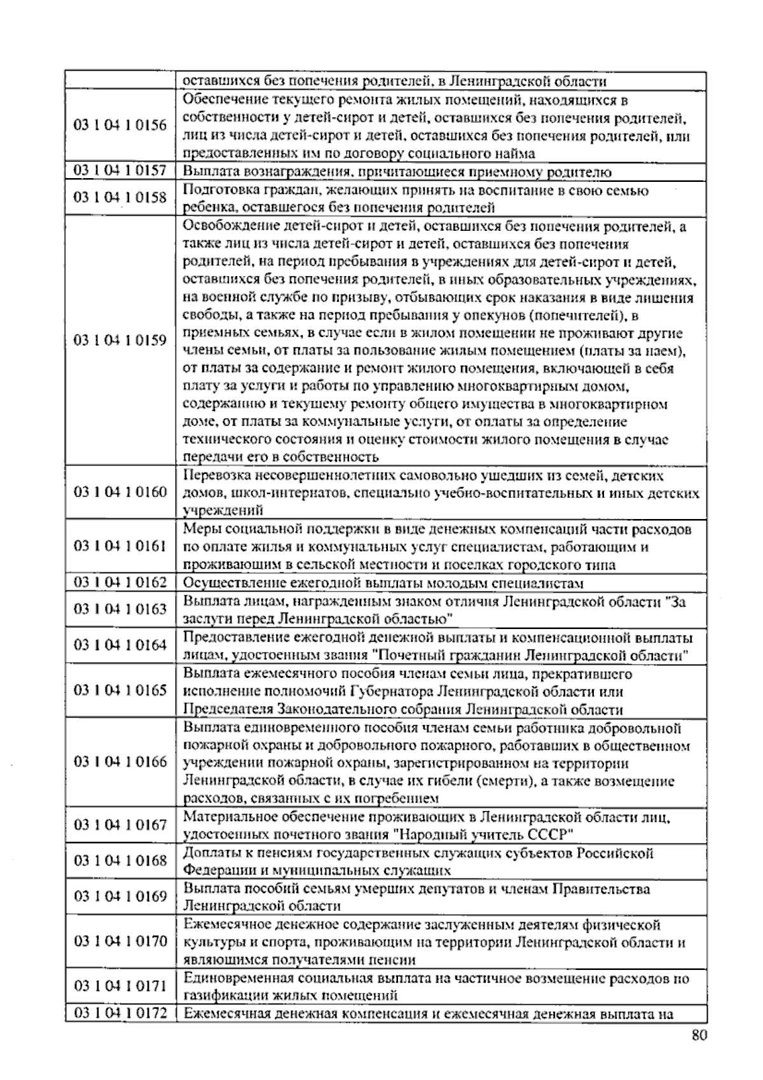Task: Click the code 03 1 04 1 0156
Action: pyautogui.click(x=120, y=126)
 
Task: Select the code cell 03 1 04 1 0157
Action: pyautogui.click(x=120, y=171)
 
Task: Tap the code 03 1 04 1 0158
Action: pyautogui.click(x=120, y=198)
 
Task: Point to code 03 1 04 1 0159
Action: pyautogui.click(x=120, y=340)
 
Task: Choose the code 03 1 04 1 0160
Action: pyautogui.click(x=120, y=492)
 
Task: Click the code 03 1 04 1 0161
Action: pyautogui.click(x=120, y=546)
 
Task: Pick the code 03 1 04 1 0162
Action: pyautogui.click(x=120, y=583)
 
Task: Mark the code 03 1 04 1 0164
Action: pyautogui.click(x=120, y=646)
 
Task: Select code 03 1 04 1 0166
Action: pyautogui.click(x=120, y=762)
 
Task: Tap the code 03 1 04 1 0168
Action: pyautogui.click(x=120, y=861)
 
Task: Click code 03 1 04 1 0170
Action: pyautogui.click(x=120, y=941)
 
